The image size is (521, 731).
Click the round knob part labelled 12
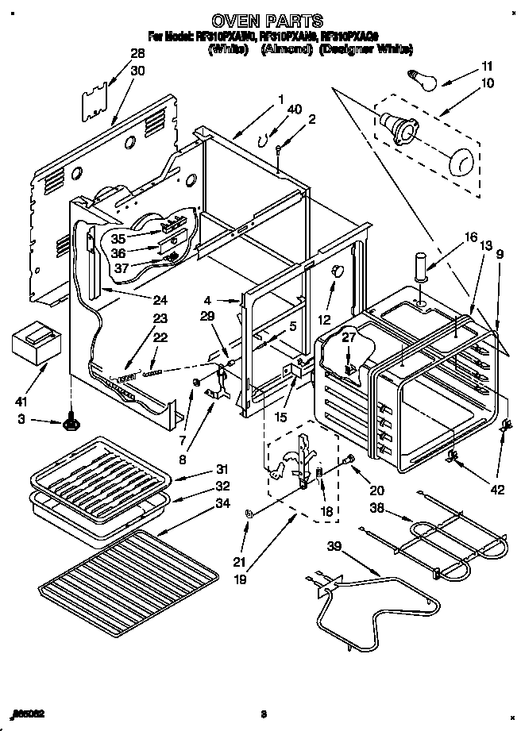coord(337,271)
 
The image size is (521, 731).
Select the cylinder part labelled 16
coord(419,266)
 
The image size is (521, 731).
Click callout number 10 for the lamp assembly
coord(487,83)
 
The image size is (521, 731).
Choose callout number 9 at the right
coord(500,255)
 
